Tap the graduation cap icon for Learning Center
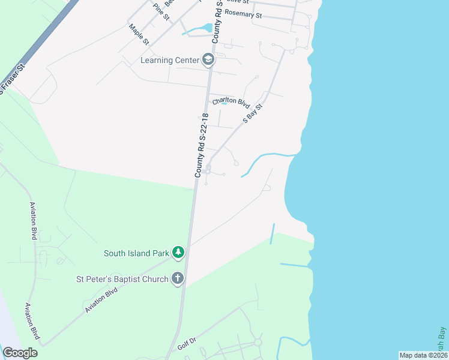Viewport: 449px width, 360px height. click(x=208, y=59)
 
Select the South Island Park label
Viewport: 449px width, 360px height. click(x=136, y=253)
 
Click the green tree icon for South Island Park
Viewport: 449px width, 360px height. click(x=178, y=253)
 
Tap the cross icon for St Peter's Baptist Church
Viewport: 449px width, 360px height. click(x=177, y=278)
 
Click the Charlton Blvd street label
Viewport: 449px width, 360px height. click(x=231, y=102)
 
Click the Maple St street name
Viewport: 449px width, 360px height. click(x=139, y=34)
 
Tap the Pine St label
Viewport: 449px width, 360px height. click(x=161, y=11)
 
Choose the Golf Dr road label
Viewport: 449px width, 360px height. click(x=187, y=344)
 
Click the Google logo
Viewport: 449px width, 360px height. click(x=20, y=353)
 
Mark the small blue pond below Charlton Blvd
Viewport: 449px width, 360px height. click(x=224, y=103)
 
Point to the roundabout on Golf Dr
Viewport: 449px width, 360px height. click(x=258, y=343)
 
